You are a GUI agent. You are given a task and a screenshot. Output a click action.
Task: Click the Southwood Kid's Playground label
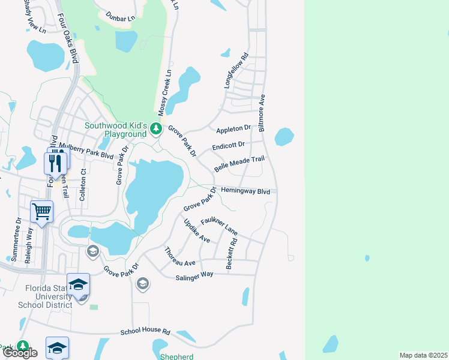click(115, 130)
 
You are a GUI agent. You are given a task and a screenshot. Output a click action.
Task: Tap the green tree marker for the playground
click(156, 128)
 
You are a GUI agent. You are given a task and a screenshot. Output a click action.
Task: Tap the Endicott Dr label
click(228, 146)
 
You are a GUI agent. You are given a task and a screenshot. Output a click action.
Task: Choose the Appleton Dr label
click(233, 128)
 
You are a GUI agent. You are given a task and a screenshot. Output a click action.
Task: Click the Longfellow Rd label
click(236, 72)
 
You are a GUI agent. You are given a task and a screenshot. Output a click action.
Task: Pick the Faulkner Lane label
click(219, 226)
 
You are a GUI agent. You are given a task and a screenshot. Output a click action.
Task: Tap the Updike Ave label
click(197, 230)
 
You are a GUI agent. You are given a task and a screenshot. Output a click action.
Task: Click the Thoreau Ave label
click(180, 257)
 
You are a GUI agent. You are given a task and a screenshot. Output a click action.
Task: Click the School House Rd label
click(145, 332)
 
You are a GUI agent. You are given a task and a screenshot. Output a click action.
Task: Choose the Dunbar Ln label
click(120, 17)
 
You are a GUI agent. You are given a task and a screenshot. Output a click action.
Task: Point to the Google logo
click(20, 353)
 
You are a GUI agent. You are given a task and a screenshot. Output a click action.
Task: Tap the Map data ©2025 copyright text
click(423, 355)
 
